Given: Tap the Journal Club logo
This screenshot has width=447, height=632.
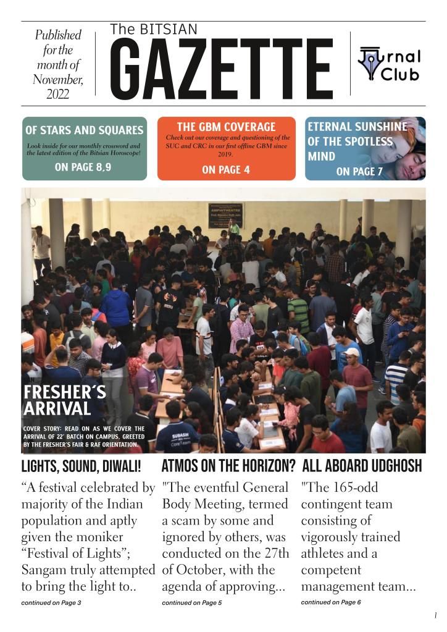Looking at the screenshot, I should pos(389,64).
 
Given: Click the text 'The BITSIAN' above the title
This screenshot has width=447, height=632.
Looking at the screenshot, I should pos(154,29).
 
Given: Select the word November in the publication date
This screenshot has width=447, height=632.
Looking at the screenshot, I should pos(58,80).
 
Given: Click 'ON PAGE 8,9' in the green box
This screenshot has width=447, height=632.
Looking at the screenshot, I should pos(83,167).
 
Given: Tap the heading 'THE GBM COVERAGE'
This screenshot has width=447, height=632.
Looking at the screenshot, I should pos(226,127).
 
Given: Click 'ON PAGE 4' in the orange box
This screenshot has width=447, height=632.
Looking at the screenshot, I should pos(226,170).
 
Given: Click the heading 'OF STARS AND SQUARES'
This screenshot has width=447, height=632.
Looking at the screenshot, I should pos(84,130).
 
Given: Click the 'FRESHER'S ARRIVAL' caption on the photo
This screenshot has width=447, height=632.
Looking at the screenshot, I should pos(57,400).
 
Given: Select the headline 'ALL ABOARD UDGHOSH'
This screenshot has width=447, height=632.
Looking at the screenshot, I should pos(361,465).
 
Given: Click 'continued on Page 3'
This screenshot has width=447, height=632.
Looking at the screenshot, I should pos(51,602).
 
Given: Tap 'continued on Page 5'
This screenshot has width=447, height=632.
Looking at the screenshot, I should pos(191,602).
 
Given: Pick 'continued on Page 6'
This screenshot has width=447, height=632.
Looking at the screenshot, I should pos(331,602).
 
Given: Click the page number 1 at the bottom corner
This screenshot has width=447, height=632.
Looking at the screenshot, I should pos(435,615).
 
